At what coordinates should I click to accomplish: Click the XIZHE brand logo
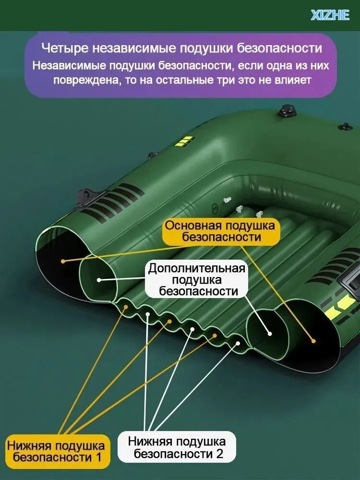pos(330,15)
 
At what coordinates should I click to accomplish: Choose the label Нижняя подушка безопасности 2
pos(177,447)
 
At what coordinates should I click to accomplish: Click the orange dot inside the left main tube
pos(63,261)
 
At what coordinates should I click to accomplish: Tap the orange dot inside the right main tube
pos(313,341)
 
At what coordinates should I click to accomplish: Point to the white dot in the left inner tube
pos(99,280)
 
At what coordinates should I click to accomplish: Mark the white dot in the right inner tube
pos(270,334)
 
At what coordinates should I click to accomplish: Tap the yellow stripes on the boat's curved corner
pos(185,142)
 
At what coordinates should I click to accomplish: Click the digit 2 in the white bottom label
pos(219,454)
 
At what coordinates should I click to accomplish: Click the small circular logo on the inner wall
pos(215,209)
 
